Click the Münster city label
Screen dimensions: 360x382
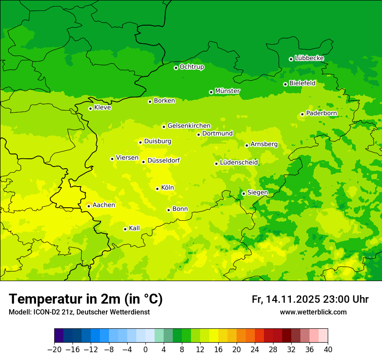coord(227,91)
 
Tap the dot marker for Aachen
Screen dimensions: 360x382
coord(89,206)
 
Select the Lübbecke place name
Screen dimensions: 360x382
coord(309,58)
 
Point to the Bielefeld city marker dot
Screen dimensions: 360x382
coord(285,84)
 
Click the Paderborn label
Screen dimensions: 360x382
coord(321,113)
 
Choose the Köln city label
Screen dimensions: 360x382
coord(168,188)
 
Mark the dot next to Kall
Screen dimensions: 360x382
coord(125,229)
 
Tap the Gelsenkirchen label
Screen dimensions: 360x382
coord(189,126)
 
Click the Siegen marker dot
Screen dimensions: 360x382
coord(244,193)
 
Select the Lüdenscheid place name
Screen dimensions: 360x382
coord(239,163)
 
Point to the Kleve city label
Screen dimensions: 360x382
coord(102,108)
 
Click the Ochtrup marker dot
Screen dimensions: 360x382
coord(176,68)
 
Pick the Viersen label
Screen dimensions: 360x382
coord(127,158)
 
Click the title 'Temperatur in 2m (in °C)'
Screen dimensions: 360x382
coord(86,299)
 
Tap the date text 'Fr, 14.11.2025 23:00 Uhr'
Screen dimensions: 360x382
coord(310,300)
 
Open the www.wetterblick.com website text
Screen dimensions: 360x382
coord(313,312)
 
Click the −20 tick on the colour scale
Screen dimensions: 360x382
coord(54,350)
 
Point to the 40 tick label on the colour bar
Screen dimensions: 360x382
coord(328,350)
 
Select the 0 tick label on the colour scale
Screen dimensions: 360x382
coord(145,350)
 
